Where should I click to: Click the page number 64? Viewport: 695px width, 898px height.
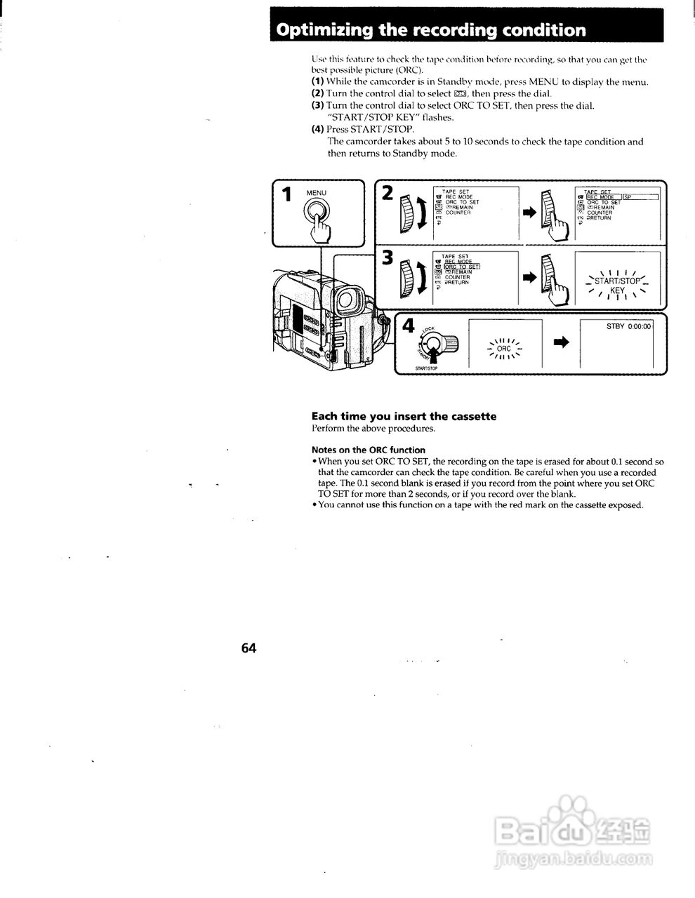point(249,648)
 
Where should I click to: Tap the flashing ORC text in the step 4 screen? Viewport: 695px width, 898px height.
point(504,348)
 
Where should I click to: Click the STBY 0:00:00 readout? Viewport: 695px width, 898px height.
point(629,326)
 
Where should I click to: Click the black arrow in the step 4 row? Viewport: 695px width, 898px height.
point(561,342)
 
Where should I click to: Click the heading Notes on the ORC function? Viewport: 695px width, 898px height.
point(369,450)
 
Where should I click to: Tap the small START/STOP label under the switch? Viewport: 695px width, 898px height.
point(427,368)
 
